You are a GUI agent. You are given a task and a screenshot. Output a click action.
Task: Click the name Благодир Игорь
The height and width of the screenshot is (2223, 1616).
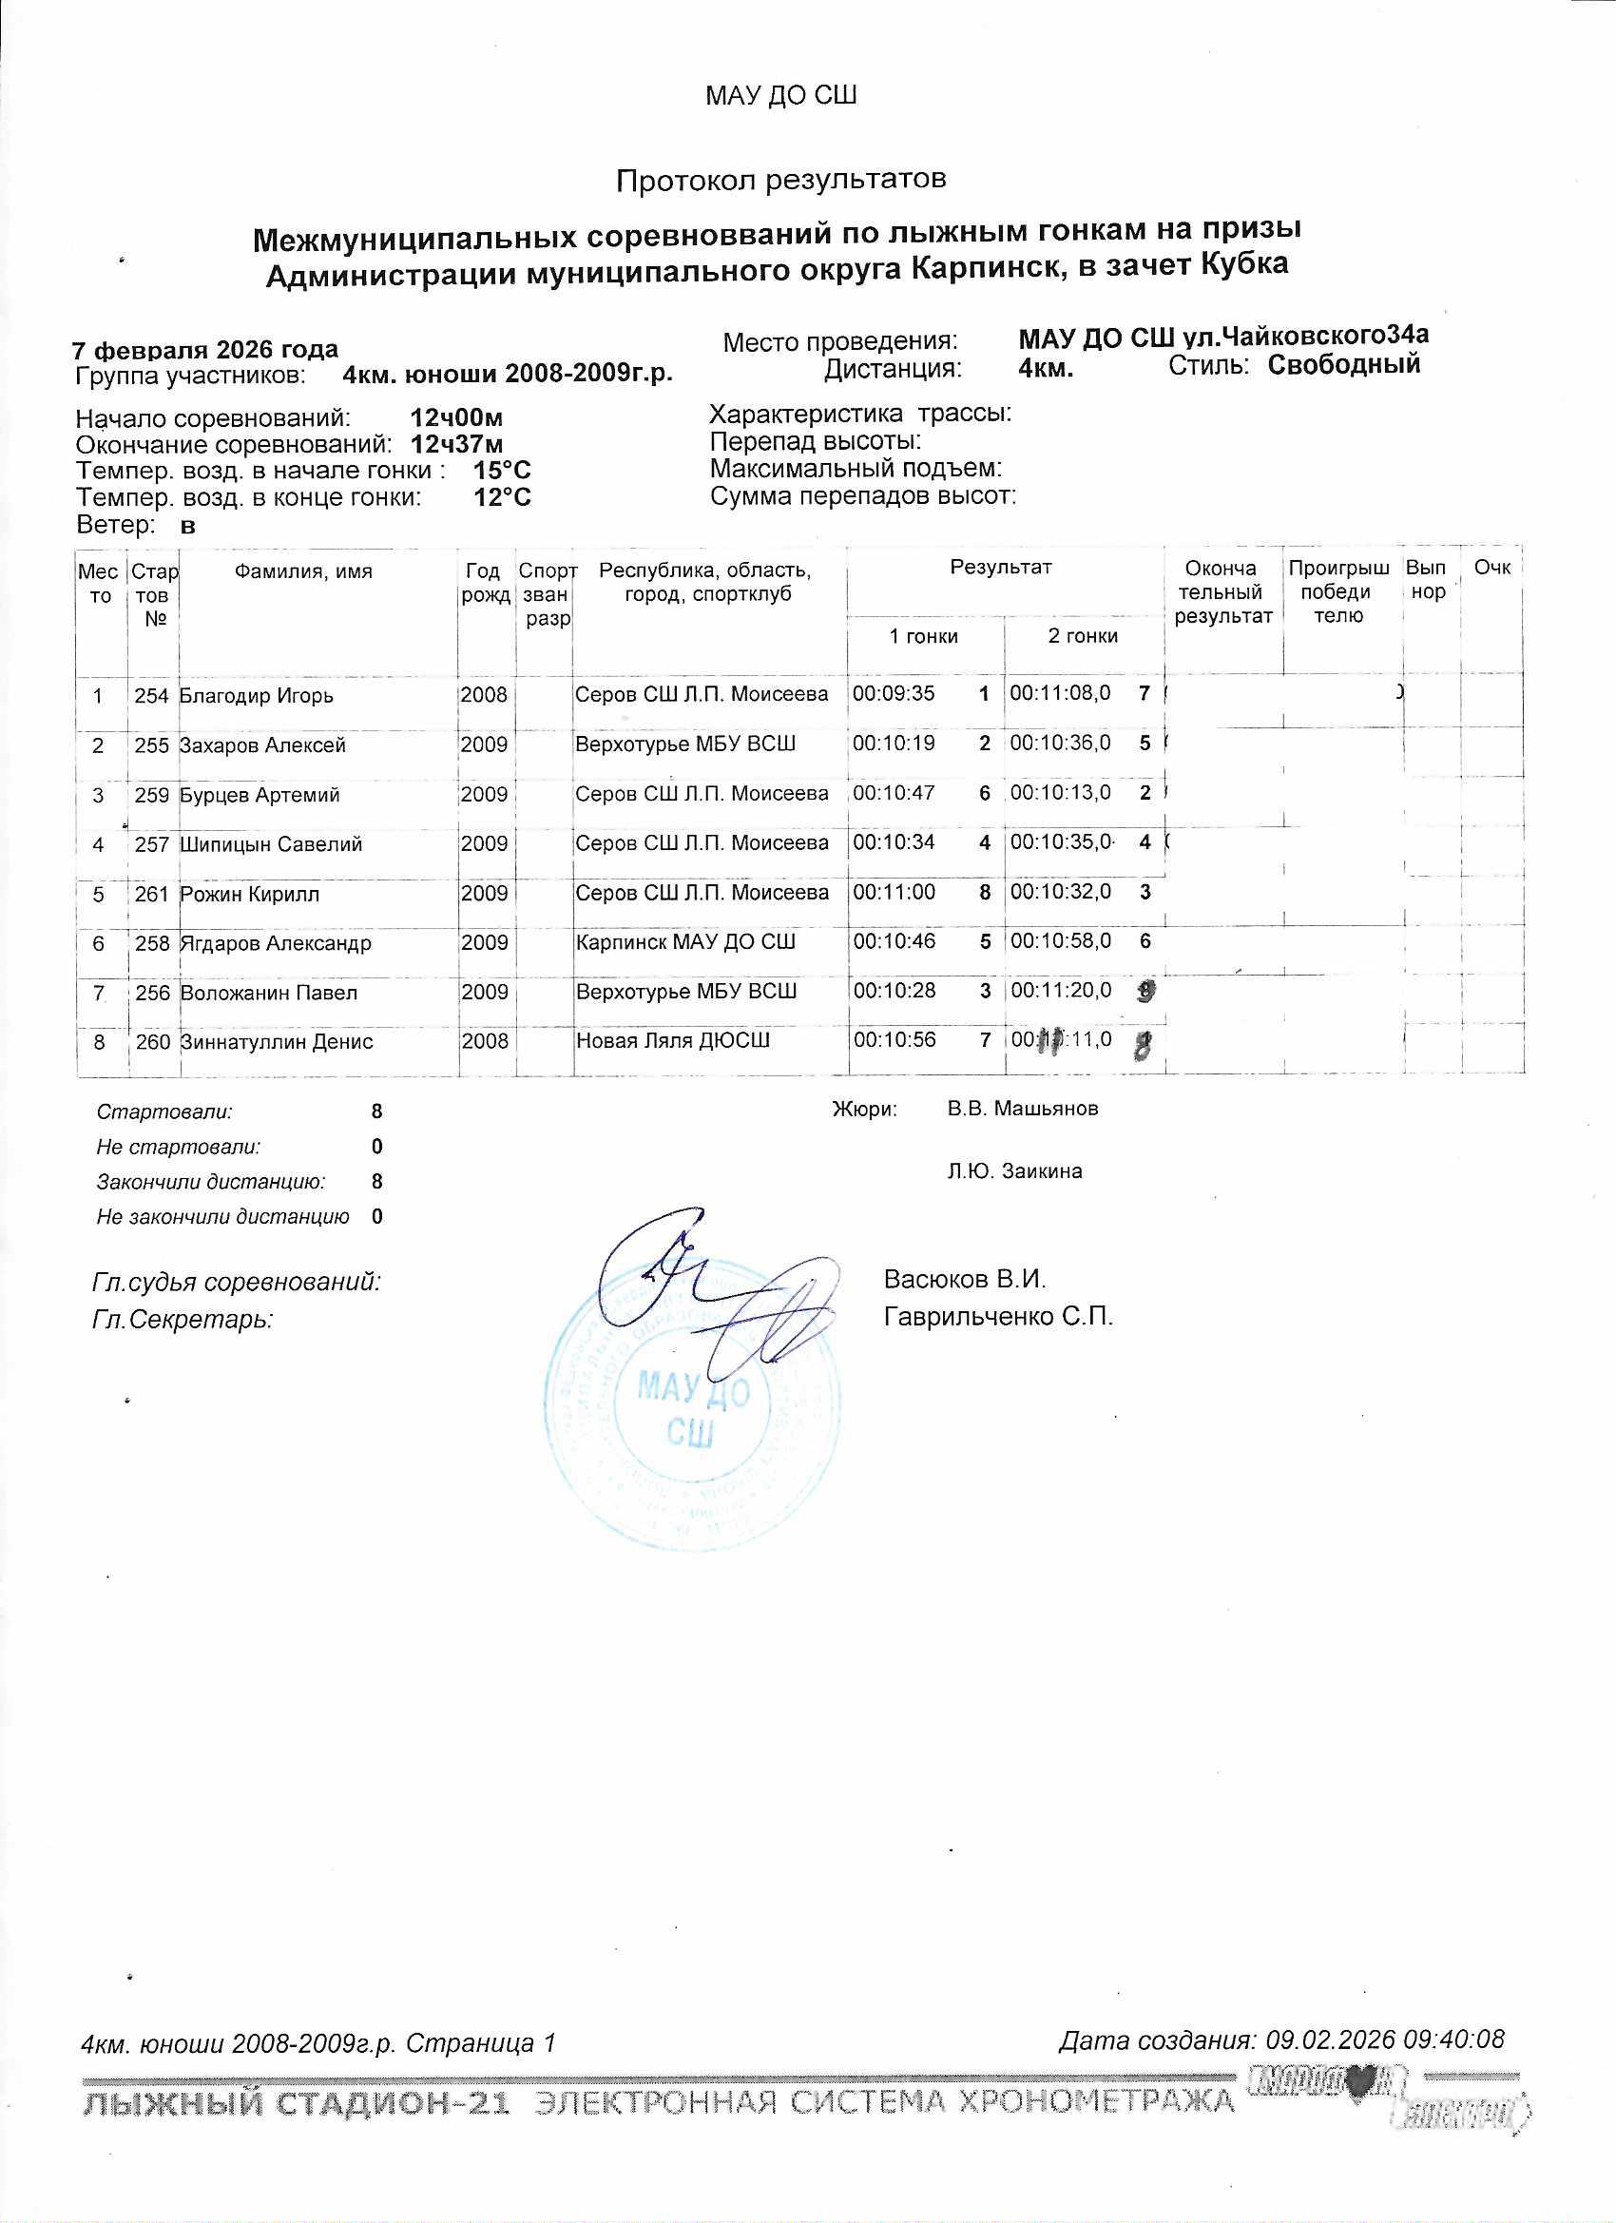click(257, 696)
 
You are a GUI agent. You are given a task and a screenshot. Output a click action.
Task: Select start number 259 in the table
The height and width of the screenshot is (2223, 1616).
click(152, 795)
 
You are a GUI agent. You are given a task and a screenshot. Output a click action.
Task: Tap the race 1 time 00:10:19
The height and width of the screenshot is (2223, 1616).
click(894, 744)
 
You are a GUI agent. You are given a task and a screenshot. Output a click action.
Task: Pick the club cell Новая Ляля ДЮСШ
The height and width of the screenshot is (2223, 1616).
click(672, 1041)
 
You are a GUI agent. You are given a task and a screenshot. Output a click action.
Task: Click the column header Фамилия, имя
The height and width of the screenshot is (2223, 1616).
click(304, 571)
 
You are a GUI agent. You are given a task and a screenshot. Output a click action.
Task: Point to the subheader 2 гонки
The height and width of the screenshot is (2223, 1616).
click(1083, 636)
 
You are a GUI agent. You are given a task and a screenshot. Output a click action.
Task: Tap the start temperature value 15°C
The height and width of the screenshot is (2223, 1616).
click(502, 471)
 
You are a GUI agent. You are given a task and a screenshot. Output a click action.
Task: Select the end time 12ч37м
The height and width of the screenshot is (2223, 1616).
click(456, 444)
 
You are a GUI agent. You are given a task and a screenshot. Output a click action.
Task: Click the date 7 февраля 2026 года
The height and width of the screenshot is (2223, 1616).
click(205, 350)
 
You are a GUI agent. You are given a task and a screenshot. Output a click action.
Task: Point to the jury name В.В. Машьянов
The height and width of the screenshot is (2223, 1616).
click(1022, 1109)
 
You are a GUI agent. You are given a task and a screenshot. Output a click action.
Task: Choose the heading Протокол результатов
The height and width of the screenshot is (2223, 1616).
click(781, 181)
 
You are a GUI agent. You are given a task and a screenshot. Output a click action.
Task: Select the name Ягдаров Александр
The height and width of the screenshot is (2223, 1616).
click(276, 944)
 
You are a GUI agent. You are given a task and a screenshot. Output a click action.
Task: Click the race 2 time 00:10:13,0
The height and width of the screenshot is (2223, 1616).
click(1060, 793)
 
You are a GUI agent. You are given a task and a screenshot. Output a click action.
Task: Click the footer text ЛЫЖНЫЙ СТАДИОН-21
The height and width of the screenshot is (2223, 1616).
click(297, 2101)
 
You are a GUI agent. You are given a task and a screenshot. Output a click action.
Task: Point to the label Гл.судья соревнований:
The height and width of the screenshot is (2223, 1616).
click(236, 1281)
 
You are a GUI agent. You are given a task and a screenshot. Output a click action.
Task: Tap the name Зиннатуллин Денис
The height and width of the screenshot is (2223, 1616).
click(277, 1042)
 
